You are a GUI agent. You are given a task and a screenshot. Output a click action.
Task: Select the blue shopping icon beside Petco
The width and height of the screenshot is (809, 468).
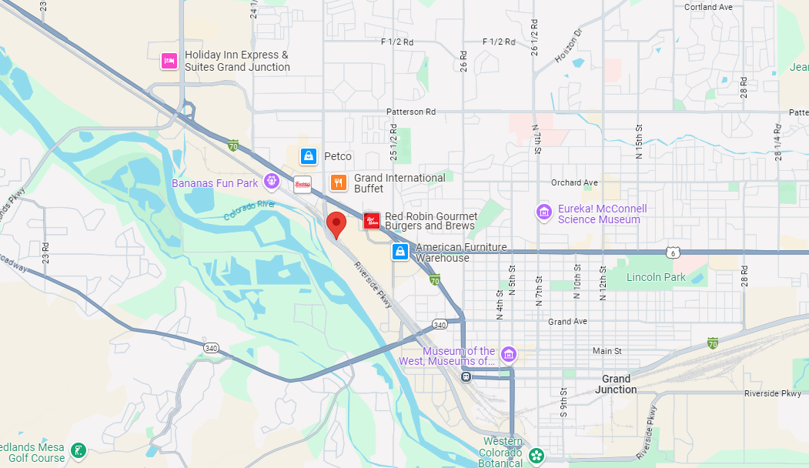(309, 156)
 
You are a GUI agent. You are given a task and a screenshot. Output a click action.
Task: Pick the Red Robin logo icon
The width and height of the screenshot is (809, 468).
(372, 222)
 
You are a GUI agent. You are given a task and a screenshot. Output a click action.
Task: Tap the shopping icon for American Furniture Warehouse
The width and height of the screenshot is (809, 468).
(400, 252)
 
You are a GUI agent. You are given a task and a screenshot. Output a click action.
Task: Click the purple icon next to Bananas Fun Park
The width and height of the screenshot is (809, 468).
(271, 182)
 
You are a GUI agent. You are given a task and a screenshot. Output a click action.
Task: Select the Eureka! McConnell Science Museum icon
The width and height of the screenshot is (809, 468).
(544, 212)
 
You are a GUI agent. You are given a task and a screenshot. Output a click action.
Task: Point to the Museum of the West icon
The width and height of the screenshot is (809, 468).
(508, 354)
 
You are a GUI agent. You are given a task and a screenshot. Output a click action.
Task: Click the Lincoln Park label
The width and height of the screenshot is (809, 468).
(656, 277)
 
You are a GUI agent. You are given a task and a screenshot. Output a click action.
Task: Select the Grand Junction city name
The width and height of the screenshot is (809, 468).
(616, 384)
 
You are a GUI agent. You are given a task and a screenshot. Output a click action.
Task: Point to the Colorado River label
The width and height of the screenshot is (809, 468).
(249, 209)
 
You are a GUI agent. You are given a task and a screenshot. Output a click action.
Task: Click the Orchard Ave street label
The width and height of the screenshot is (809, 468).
(574, 182)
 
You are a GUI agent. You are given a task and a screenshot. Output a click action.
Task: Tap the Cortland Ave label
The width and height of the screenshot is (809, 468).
(708, 7)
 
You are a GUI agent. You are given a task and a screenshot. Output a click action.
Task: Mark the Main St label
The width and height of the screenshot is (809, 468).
(607, 351)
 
